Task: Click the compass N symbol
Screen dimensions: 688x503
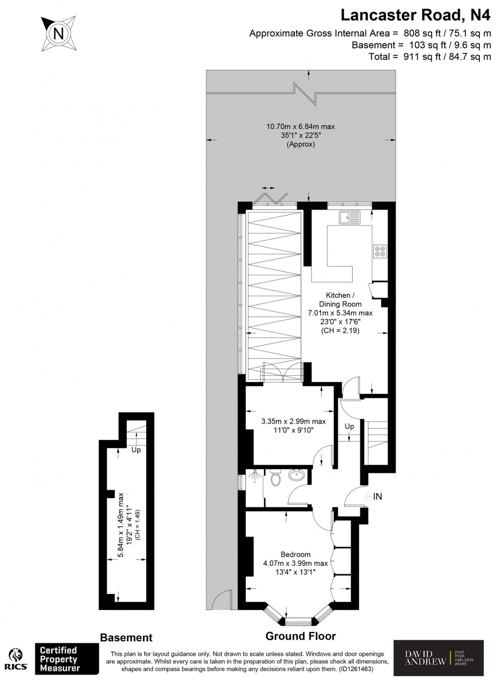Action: pyautogui.click(x=59, y=34)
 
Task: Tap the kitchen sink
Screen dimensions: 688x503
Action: pyautogui.click(x=350, y=218)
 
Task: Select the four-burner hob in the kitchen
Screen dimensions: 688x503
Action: pyautogui.click(x=380, y=251)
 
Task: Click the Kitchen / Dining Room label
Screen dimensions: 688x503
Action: pyautogui.click(x=340, y=300)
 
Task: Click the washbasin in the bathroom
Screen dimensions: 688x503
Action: pyautogui.click(x=296, y=475)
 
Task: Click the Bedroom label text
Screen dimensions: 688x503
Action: pyautogui.click(x=295, y=555)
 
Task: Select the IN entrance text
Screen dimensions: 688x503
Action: pyautogui.click(x=378, y=496)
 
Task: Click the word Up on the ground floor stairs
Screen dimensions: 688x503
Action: pyautogui.click(x=349, y=427)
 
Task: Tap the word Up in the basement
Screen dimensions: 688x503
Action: pyautogui.click(x=136, y=450)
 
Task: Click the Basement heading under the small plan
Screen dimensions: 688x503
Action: pyautogui.click(x=126, y=638)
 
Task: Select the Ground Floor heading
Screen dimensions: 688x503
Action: pyautogui.click(x=300, y=636)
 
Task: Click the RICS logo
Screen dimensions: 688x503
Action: pyautogui.click(x=16, y=660)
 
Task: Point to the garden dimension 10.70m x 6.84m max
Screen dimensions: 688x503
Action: pyautogui.click(x=300, y=126)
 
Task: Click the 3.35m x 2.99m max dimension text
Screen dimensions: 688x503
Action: pyautogui.click(x=293, y=421)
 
